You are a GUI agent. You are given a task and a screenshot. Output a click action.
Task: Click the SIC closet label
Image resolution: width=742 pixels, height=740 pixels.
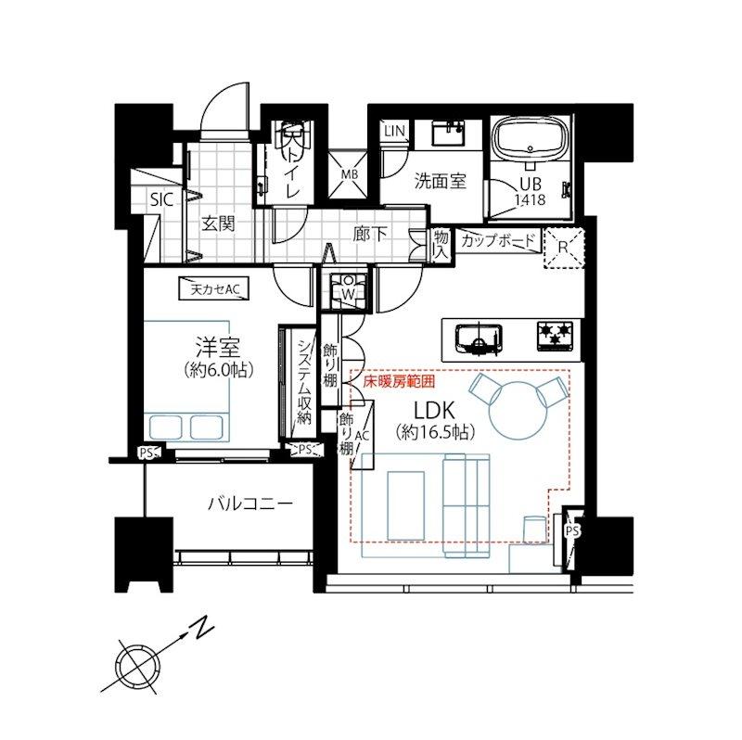click(x=161, y=199)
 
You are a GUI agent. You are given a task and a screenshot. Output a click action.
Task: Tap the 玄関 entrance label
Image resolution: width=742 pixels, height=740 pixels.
click(x=219, y=223)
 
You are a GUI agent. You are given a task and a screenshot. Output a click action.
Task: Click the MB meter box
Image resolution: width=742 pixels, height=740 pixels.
click(x=350, y=174)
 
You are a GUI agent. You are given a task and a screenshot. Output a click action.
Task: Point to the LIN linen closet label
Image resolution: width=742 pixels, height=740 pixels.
click(x=395, y=131)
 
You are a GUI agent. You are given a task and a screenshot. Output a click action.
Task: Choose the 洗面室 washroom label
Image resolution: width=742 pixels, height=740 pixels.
click(x=440, y=181)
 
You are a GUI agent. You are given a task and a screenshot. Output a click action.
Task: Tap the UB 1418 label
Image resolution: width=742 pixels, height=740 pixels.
click(x=530, y=192)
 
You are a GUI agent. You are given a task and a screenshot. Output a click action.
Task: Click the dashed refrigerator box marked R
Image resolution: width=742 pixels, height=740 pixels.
click(x=563, y=248)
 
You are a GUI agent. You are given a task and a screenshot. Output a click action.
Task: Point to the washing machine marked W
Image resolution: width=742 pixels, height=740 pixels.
click(x=349, y=289)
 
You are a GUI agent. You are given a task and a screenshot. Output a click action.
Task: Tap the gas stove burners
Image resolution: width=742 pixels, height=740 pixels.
click(x=555, y=336)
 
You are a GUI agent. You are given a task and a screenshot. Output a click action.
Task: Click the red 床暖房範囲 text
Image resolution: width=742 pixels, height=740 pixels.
click(x=399, y=381)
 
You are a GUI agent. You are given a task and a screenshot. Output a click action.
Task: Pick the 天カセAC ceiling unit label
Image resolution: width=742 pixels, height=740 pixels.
click(x=214, y=289)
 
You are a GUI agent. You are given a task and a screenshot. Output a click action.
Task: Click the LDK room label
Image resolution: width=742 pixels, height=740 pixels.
click(x=434, y=410)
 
